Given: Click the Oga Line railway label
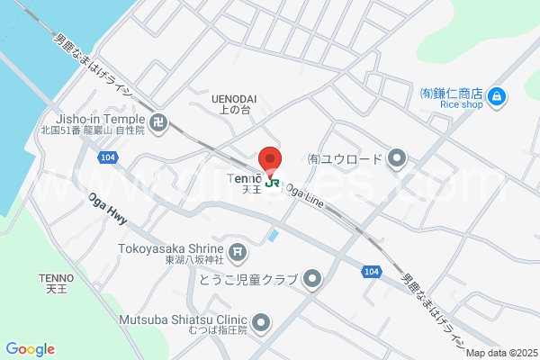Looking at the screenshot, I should tap(304, 195).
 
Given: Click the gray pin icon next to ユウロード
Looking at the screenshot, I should tap(397, 159).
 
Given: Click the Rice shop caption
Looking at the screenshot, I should tap(462, 105).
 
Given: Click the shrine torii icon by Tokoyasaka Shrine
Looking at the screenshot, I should tap(237, 253).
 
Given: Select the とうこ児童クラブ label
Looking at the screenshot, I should tap(247, 280).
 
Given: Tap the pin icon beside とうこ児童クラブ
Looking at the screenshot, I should tap(312, 280).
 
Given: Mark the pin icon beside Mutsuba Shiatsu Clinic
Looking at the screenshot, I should tap(261, 321).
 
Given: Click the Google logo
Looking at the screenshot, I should tap(30, 349).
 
